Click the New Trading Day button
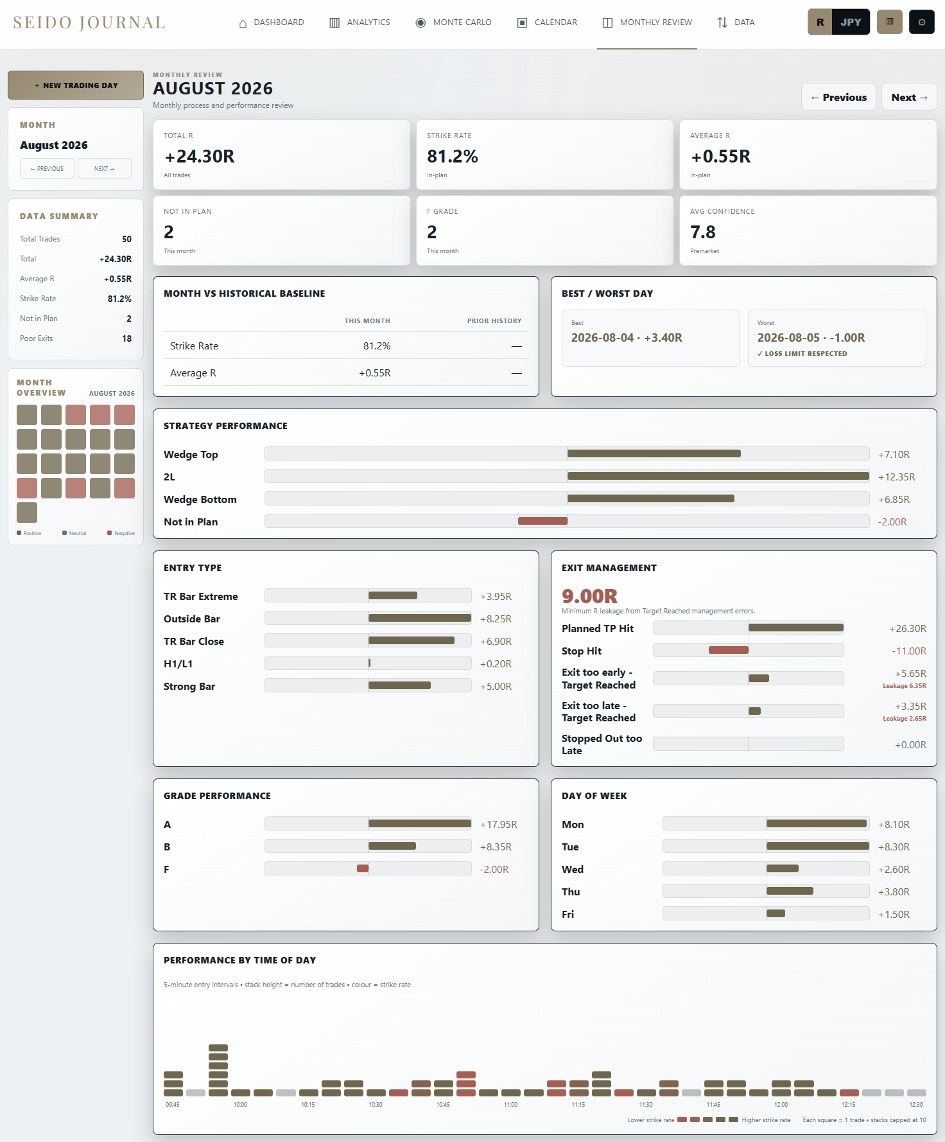point(76,85)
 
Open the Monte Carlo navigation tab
point(454,22)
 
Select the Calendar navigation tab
point(548,22)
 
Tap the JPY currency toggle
point(851,22)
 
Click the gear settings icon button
point(922,22)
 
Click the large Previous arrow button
point(838,98)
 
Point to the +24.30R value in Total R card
point(200,156)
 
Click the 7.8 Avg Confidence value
point(703,232)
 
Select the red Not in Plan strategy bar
point(542,521)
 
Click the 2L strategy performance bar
point(718,476)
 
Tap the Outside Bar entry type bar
point(420,618)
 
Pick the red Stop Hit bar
point(729,650)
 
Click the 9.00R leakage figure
point(589,596)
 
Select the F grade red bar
point(363,868)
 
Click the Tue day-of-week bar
point(818,846)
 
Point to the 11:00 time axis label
point(510,1105)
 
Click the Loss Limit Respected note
point(802,354)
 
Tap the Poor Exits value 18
point(127,338)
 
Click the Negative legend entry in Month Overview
point(121,533)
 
